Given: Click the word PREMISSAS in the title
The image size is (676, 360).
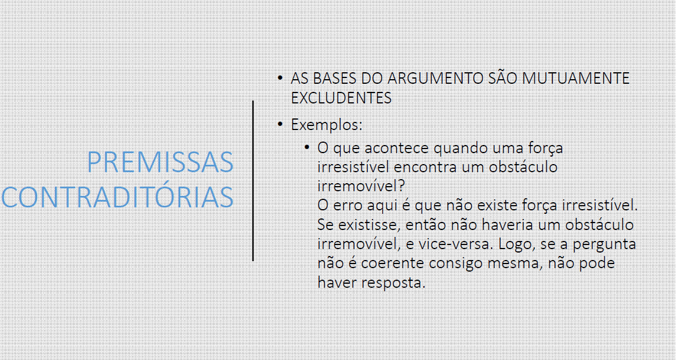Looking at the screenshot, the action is click(x=160, y=162).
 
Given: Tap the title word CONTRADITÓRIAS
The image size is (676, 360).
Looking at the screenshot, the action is click(x=117, y=197).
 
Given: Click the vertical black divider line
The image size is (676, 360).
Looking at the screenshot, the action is click(x=253, y=181).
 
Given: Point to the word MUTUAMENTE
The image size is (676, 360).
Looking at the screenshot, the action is click(x=576, y=79).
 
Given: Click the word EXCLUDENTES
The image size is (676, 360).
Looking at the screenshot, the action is click(x=341, y=98).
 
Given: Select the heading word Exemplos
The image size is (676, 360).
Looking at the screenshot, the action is click(x=327, y=125).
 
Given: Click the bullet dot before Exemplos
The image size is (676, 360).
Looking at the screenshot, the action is click(x=280, y=124).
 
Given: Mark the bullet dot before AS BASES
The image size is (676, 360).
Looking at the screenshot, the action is click(x=280, y=78).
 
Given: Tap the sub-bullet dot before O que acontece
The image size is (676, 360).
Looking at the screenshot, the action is click(x=307, y=148).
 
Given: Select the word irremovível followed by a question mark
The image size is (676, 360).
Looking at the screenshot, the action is click(x=361, y=186).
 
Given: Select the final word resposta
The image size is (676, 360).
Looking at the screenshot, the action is click(x=393, y=283).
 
